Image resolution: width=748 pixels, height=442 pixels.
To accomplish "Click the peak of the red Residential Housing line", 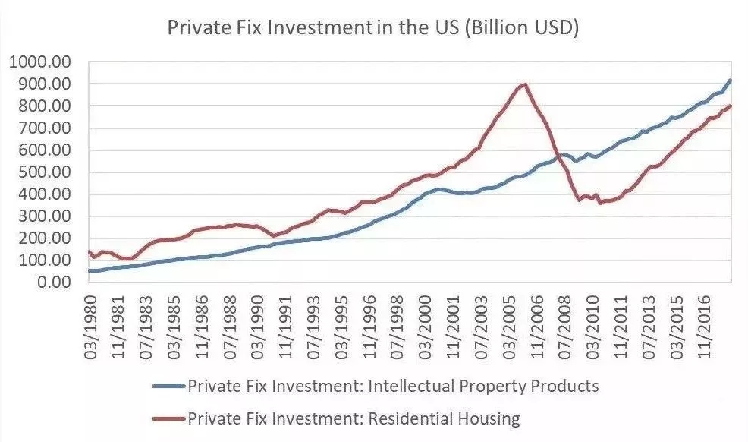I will (x=524, y=84).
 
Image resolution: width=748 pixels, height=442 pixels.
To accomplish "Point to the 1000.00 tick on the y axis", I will (x=40, y=62).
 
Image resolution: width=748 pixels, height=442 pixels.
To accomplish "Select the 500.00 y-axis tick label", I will (x=44, y=172).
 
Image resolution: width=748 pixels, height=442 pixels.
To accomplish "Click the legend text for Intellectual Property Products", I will (x=393, y=386).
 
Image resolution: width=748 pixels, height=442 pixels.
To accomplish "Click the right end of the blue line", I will (x=730, y=80).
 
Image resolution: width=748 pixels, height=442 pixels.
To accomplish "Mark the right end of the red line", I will (x=730, y=106).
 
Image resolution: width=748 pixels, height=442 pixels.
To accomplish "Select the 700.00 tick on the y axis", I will (x=44, y=128).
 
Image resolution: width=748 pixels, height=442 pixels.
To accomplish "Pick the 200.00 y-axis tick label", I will (x=44, y=238).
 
